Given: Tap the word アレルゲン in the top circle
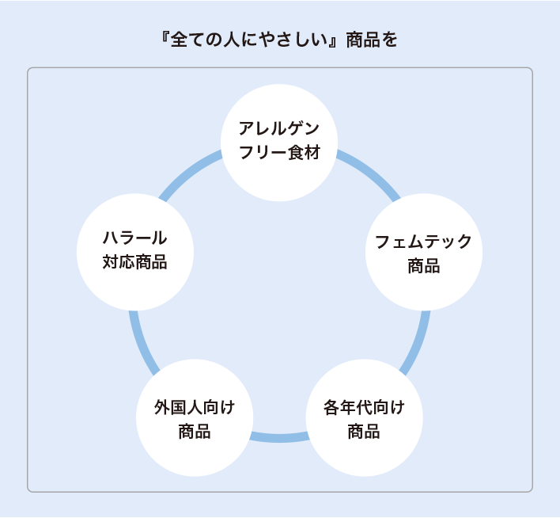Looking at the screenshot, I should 279,128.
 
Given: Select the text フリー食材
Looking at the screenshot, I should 279,152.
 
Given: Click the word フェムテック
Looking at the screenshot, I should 423,242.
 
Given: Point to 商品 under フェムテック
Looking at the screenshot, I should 423,266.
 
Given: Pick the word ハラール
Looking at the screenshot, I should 135,238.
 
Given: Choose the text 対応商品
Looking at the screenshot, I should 135,262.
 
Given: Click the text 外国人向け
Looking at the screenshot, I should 195,407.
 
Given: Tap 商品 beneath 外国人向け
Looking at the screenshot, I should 195,432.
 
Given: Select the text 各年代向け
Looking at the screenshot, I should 364,407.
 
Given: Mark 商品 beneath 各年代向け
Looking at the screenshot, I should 364,432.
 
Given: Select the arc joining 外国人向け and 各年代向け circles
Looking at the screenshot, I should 278,437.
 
